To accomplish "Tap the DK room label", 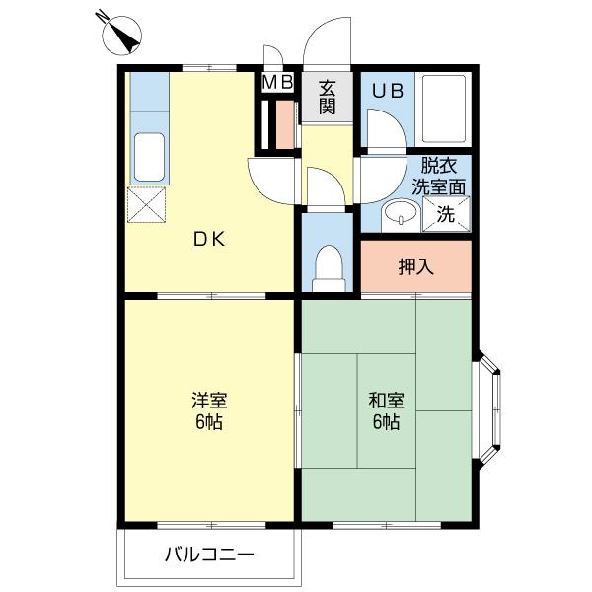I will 208,238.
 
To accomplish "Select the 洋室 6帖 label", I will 209,412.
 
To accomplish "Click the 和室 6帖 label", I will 385,412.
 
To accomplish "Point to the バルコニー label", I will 208,555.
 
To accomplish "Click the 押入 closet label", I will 415,266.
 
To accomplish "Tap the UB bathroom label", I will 386,90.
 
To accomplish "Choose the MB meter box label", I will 277,83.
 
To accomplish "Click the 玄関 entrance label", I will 328,97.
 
